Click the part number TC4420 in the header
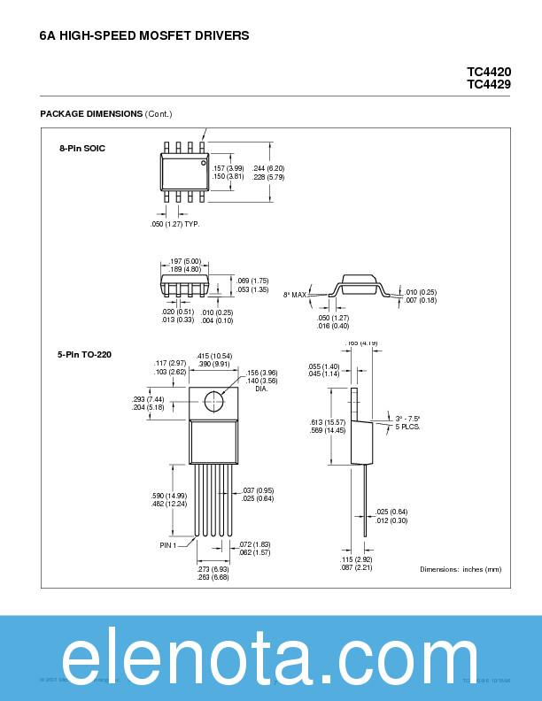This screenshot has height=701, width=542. point(489,72)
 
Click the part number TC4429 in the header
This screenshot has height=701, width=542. point(489,84)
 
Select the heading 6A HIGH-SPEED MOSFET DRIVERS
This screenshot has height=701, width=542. point(144,36)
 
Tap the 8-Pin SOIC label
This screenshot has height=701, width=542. point(82,148)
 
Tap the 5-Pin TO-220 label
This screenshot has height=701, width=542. point(84,355)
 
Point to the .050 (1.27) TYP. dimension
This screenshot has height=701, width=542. point(174,224)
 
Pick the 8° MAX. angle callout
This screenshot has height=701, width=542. point(295,294)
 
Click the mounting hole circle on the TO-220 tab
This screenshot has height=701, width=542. point(213,401)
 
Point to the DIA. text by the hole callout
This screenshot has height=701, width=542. point(261,389)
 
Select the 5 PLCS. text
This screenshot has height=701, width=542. point(407,427)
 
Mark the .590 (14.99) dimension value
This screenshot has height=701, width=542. point(169,496)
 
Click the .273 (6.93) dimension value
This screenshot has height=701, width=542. point(213,569)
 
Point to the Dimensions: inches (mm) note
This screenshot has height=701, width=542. point(461,569)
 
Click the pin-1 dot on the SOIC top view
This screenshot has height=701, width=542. point(203,164)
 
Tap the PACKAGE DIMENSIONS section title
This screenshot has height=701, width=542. point(91,114)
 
